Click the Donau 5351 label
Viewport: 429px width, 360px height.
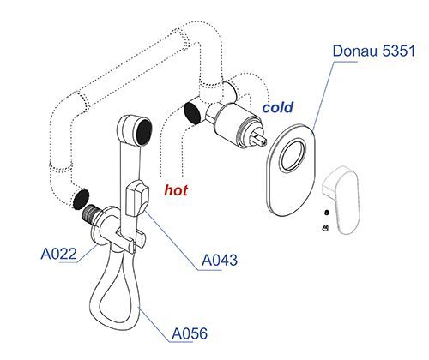point(373,51)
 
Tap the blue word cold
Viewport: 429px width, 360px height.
point(278,107)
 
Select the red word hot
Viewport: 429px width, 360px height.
point(176,190)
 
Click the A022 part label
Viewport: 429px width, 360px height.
point(59,254)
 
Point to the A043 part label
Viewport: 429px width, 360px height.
point(220,260)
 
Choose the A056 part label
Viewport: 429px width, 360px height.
point(190,333)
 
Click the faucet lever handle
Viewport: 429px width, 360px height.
point(341,200)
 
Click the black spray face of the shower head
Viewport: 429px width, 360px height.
point(144,132)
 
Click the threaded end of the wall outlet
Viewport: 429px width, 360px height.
point(89,213)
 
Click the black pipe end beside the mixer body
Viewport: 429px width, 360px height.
point(192,113)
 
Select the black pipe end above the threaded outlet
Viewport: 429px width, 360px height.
point(81,199)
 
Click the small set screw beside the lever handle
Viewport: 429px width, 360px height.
point(327,213)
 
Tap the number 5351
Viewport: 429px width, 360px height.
point(399,51)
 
